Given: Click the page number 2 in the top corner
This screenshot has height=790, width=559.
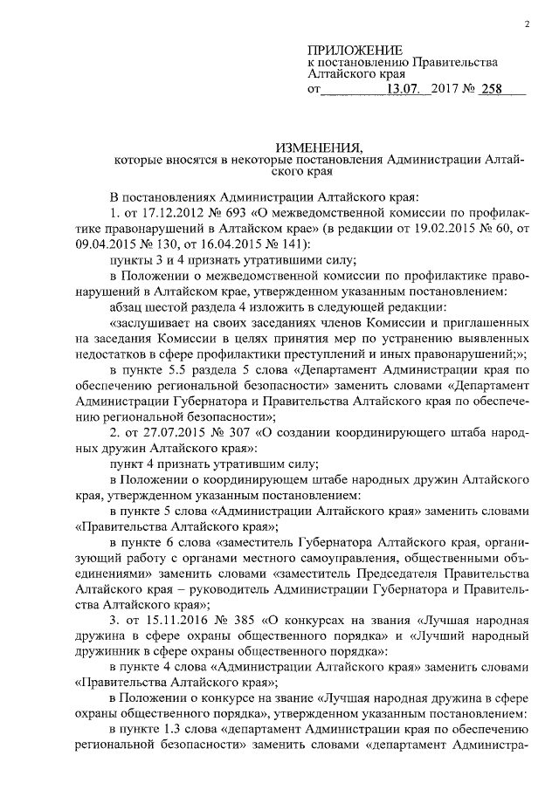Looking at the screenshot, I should coord(527,24).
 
